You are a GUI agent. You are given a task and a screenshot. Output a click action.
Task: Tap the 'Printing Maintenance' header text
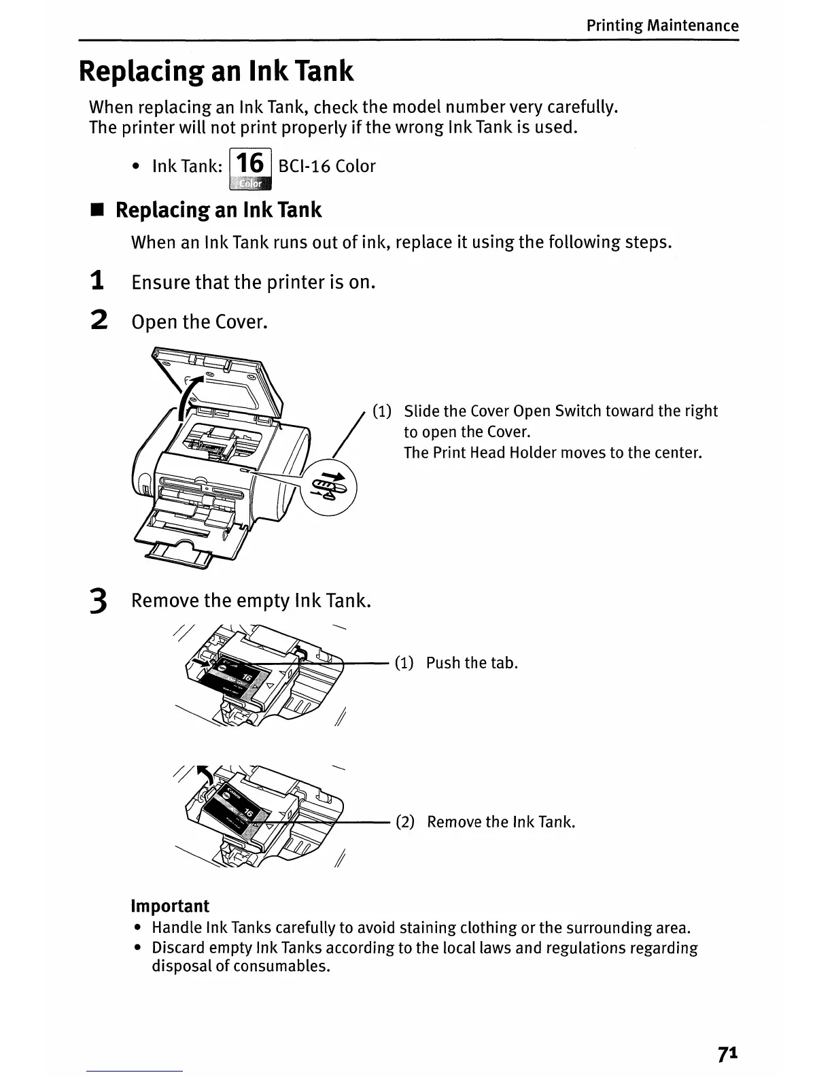click(x=662, y=26)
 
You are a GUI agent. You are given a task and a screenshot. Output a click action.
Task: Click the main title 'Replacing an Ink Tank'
click(x=216, y=71)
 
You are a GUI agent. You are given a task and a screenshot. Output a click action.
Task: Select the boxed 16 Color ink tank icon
click(x=251, y=168)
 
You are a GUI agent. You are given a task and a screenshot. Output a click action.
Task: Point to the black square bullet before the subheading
click(x=97, y=211)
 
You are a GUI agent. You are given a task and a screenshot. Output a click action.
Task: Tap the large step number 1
click(x=98, y=281)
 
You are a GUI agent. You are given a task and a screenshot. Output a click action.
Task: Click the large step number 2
click(x=99, y=320)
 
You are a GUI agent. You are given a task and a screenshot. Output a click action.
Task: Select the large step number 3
click(x=99, y=602)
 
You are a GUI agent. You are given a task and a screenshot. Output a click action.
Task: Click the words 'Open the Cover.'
click(x=200, y=322)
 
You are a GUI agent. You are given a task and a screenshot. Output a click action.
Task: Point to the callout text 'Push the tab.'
click(x=472, y=663)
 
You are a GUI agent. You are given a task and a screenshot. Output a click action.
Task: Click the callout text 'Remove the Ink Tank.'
click(x=501, y=822)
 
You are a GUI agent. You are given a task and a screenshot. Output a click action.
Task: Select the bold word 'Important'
click(x=170, y=906)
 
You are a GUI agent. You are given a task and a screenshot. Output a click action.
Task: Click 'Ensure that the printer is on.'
click(x=253, y=282)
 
